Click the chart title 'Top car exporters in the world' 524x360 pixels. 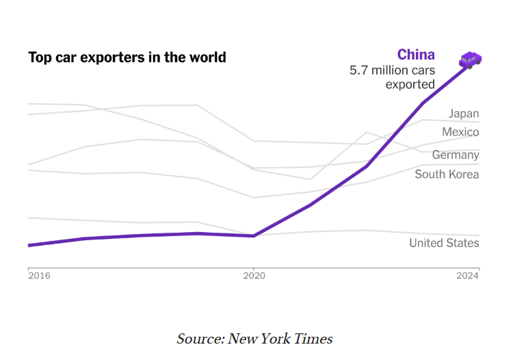[x=127, y=57]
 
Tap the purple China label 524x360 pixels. [x=416, y=55]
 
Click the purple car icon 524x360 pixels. [x=471, y=60]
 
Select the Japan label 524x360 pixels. [x=464, y=114]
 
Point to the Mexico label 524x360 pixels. [x=460, y=132]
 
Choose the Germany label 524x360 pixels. [x=456, y=155]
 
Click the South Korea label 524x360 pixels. [x=447, y=175]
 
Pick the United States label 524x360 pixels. [x=444, y=243]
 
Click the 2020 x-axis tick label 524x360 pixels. [x=254, y=276]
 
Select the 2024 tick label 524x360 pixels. [x=468, y=276]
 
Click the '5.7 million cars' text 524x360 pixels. [x=392, y=70]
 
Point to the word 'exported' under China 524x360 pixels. [x=410, y=85]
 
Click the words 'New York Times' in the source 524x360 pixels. [x=280, y=339]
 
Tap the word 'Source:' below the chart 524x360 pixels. [x=200, y=339]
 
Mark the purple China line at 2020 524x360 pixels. [x=254, y=235]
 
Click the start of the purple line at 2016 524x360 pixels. [x=29, y=245]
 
